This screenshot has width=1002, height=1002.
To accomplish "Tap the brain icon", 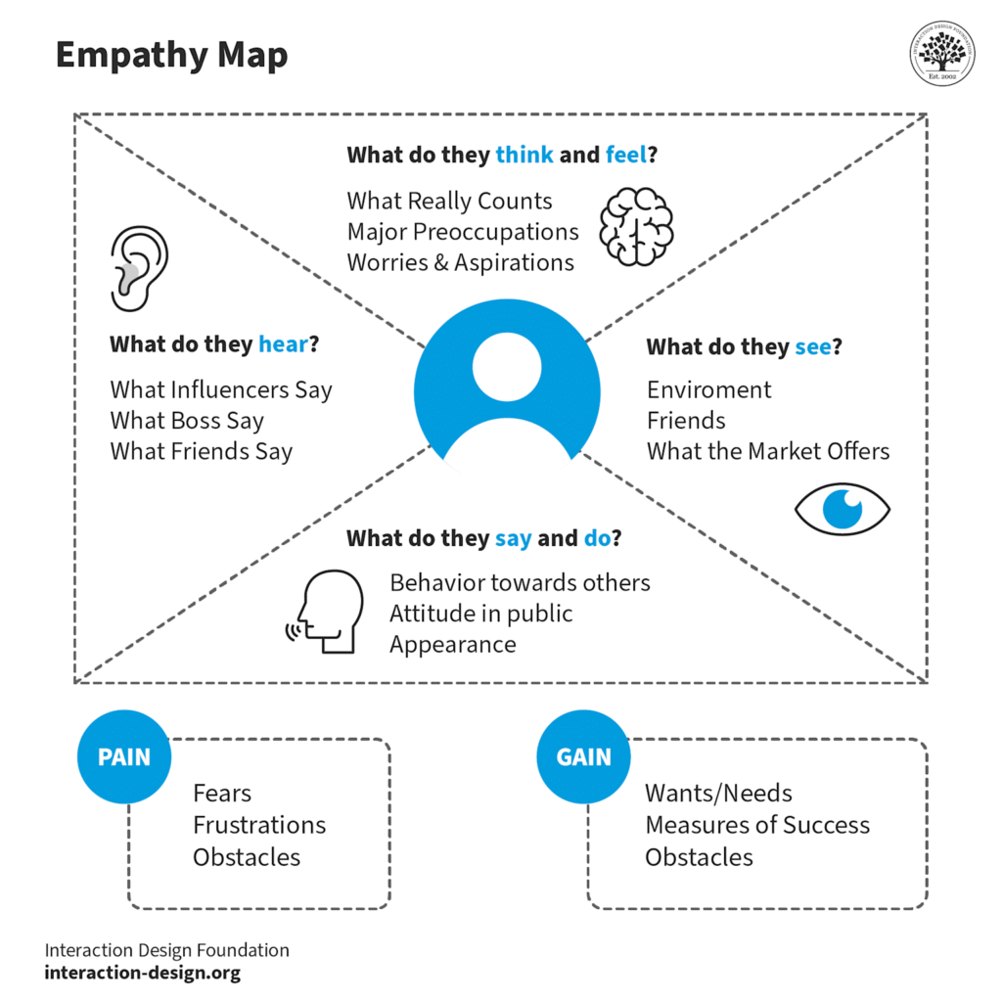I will (636, 227).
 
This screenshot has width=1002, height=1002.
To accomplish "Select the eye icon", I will (843, 509).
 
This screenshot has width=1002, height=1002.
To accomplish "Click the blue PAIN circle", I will (123, 756).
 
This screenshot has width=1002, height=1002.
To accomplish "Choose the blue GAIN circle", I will (583, 756).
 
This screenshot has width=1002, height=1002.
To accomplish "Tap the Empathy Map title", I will (172, 55).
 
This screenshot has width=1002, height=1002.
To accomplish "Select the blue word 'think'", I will (524, 155).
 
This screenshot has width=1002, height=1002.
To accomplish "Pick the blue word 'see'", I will (813, 346).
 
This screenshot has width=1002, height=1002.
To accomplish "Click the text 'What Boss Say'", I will (187, 421).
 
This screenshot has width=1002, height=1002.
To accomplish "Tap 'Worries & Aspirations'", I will (460, 263).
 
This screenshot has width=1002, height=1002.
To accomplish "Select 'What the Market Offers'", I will (768, 451).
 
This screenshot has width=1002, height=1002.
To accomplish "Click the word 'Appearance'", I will (452, 645).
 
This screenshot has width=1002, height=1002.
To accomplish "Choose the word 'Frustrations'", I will (259, 825).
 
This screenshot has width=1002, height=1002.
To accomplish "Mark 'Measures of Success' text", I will (756, 825).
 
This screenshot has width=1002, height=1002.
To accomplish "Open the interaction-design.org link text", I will (142, 974).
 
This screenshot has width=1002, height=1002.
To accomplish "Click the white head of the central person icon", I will (507, 367).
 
